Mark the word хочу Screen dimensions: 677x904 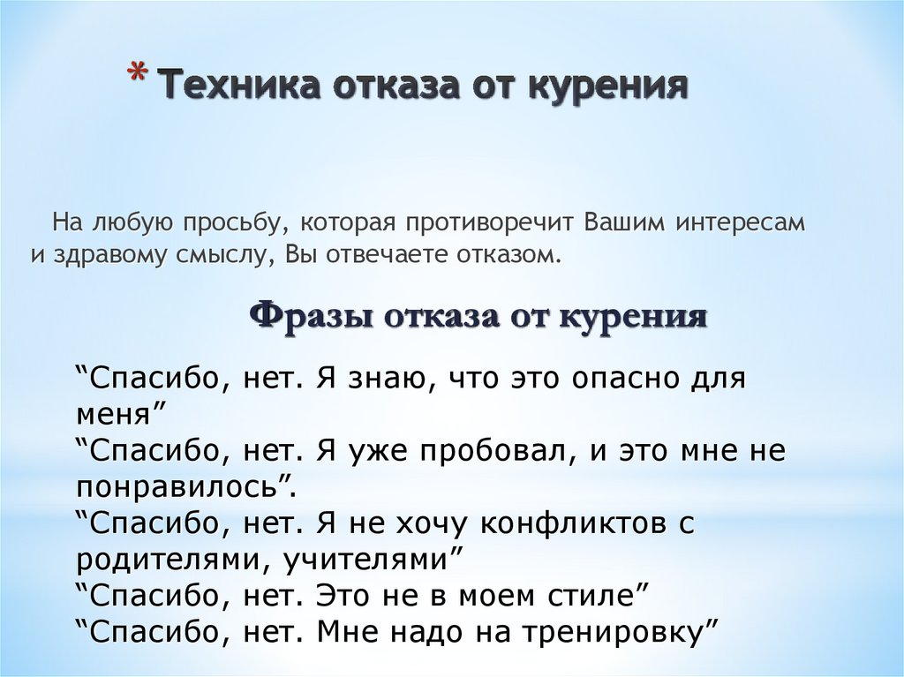[x=428, y=524]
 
